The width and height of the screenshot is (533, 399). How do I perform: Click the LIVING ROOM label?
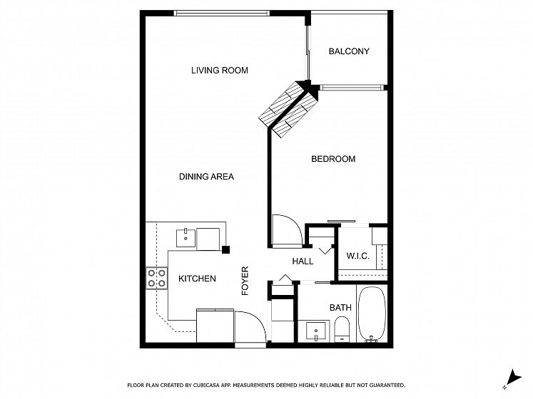pyautogui.click(x=220, y=71)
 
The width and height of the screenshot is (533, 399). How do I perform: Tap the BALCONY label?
pyautogui.click(x=349, y=51)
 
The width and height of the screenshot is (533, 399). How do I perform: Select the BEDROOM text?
pyautogui.click(x=333, y=159)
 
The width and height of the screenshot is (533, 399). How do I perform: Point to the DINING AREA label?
pyautogui.click(x=206, y=177)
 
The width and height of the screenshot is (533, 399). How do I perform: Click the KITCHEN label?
pyautogui.click(x=197, y=279)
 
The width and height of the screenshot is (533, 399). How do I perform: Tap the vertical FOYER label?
pyautogui.click(x=245, y=281)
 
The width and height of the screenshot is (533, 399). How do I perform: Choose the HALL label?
pyautogui.click(x=303, y=261)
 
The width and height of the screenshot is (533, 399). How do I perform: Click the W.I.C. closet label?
pyautogui.click(x=357, y=256)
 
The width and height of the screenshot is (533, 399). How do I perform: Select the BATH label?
pyautogui.click(x=340, y=308)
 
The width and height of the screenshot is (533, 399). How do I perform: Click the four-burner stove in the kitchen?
pyautogui.click(x=157, y=278)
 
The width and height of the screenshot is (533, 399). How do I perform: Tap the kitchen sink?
pyautogui.click(x=186, y=238)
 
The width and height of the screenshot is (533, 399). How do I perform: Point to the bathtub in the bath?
pyautogui.click(x=372, y=314)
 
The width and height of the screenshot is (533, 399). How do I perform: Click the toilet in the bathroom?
pyautogui.click(x=342, y=328)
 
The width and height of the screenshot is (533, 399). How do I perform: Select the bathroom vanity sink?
pyautogui.click(x=316, y=331)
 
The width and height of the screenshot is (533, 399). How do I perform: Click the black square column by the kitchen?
pyautogui.click(x=225, y=249)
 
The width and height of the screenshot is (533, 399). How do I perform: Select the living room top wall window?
pyautogui.click(x=222, y=14)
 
